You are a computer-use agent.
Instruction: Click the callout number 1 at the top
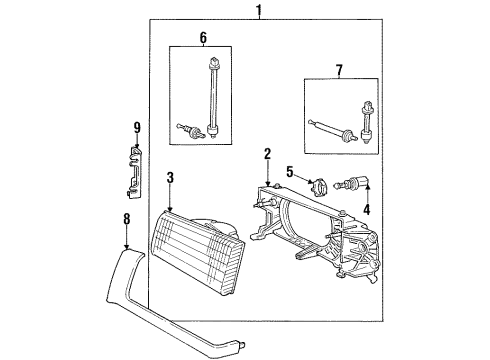[x=259, y=11]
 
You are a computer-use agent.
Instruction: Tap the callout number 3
[x=171, y=178]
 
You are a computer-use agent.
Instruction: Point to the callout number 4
[x=365, y=210]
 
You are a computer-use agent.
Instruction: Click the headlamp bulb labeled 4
[x=358, y=184]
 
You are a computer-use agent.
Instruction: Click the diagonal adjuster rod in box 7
[x=328, y=130]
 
